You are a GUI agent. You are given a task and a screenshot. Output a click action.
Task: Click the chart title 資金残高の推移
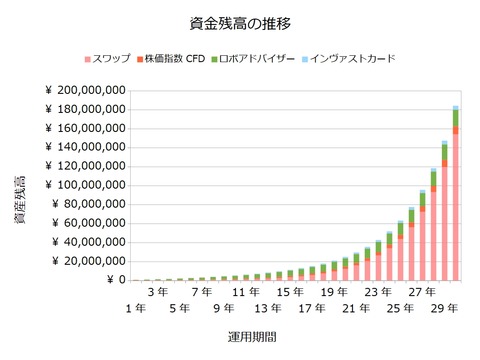coord(239,22)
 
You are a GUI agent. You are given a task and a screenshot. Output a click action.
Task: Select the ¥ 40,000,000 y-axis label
coord(89,243)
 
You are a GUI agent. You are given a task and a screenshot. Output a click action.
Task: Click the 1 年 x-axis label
coord(137,309)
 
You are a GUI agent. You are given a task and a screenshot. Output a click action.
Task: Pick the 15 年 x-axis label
coord(290,292)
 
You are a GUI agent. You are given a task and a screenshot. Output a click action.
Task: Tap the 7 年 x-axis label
coord(203,292)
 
